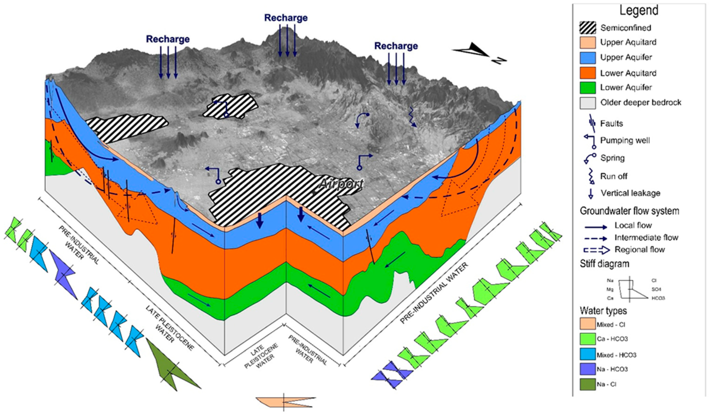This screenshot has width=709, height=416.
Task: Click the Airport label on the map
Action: [x=341, y=184]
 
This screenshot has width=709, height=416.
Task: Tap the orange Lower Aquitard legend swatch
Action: [x=587, y=73]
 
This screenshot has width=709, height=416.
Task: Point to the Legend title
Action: [x=639, y=11]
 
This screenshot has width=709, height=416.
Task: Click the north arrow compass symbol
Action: [x=478, y=53]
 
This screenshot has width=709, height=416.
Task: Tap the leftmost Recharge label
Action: [x=168, y=39]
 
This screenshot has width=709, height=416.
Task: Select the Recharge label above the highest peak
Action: [x=286, y=18]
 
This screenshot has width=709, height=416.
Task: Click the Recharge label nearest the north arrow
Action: [x=396, y=46]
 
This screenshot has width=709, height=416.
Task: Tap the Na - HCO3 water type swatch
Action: [x=587, y=369]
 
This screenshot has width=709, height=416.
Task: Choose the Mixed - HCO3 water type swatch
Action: [x=587, y=355]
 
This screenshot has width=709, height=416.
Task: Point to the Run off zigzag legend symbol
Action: [x=591, y=176]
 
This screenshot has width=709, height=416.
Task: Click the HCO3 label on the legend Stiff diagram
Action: [x=658, y=298]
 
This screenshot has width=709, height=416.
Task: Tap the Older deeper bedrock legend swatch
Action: [x=587, y=103]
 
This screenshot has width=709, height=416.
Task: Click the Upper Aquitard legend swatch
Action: [x=587, y=42]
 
